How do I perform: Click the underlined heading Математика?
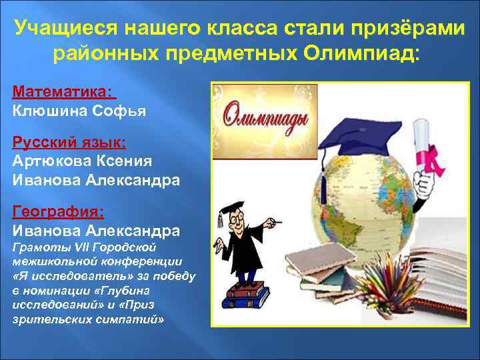point(63,91)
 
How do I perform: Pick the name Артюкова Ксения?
point(82,161)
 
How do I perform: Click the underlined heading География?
point(58,212)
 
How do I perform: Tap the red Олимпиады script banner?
point(265,117)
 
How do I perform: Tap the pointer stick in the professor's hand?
point(274,221)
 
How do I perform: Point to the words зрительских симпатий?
point(87,319)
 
